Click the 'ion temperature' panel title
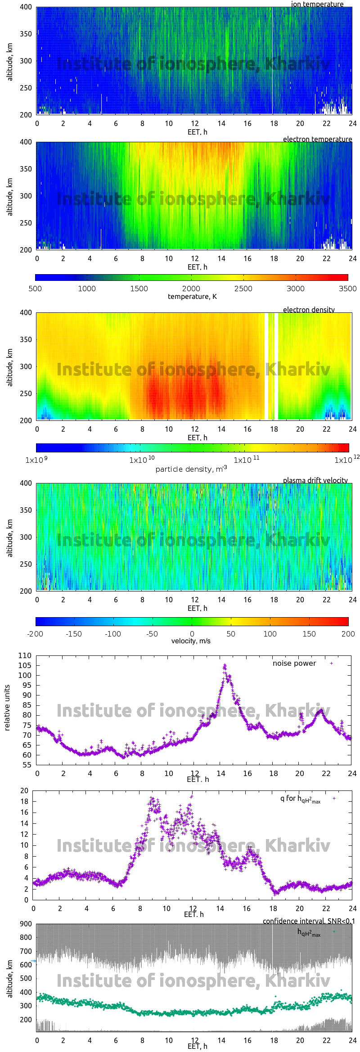[317, 4]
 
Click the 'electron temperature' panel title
[317, 139]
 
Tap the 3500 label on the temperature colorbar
[347, 289]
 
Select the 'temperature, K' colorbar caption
[192, 297]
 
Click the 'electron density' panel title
[309, 310]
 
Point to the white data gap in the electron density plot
[271, 366]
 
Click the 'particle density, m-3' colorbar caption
[191, 469]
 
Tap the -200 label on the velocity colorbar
[35, 634]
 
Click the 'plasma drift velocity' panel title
[315, 480]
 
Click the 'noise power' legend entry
[294, 663]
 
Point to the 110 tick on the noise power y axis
[25, 655]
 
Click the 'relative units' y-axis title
[7, 708]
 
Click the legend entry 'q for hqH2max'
[300, 799]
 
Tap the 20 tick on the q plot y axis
[24, 790]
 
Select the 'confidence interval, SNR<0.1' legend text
[309, 921]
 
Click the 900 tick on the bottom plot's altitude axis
[26, 924]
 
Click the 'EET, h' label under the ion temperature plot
[197, 132]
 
